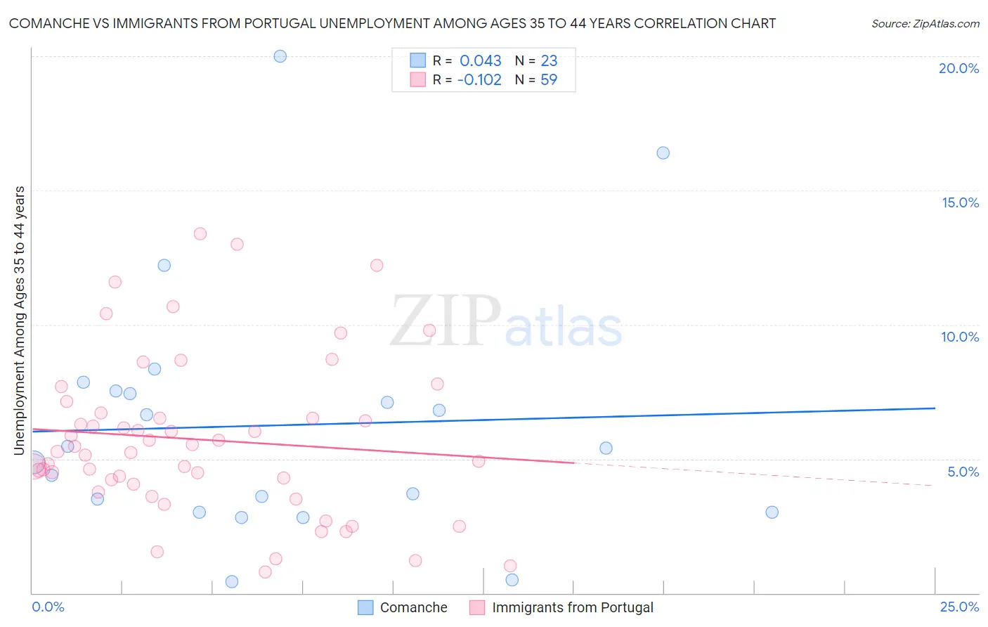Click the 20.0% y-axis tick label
point(958,68)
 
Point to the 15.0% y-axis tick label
point(960,202)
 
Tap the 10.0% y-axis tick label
point(960,337)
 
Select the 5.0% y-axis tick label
point(963,472)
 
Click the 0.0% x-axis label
point(48,607)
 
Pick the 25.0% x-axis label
point(959,607)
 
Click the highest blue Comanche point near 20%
point(280,56)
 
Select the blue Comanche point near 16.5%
point(663,153)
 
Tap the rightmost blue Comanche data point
point(772,512)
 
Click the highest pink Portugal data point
point(200,233)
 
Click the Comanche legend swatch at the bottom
point(365,607)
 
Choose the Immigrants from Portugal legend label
point(572,607)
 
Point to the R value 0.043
point(481,60)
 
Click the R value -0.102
point(479,79)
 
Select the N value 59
point(549,79)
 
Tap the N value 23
point(549,60)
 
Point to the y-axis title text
point(20,320)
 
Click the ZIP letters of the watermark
point(446,321)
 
